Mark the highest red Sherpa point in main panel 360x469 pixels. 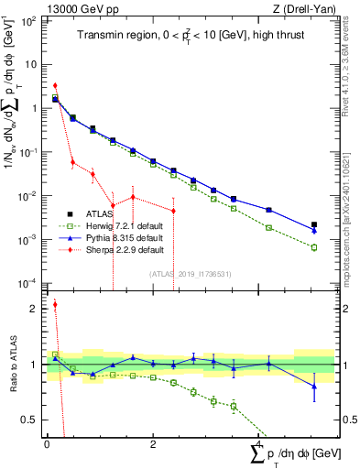coord(55,85)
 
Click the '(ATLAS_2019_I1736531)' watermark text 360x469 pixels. coord(188,273)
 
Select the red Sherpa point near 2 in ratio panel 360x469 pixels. coord(55,305)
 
